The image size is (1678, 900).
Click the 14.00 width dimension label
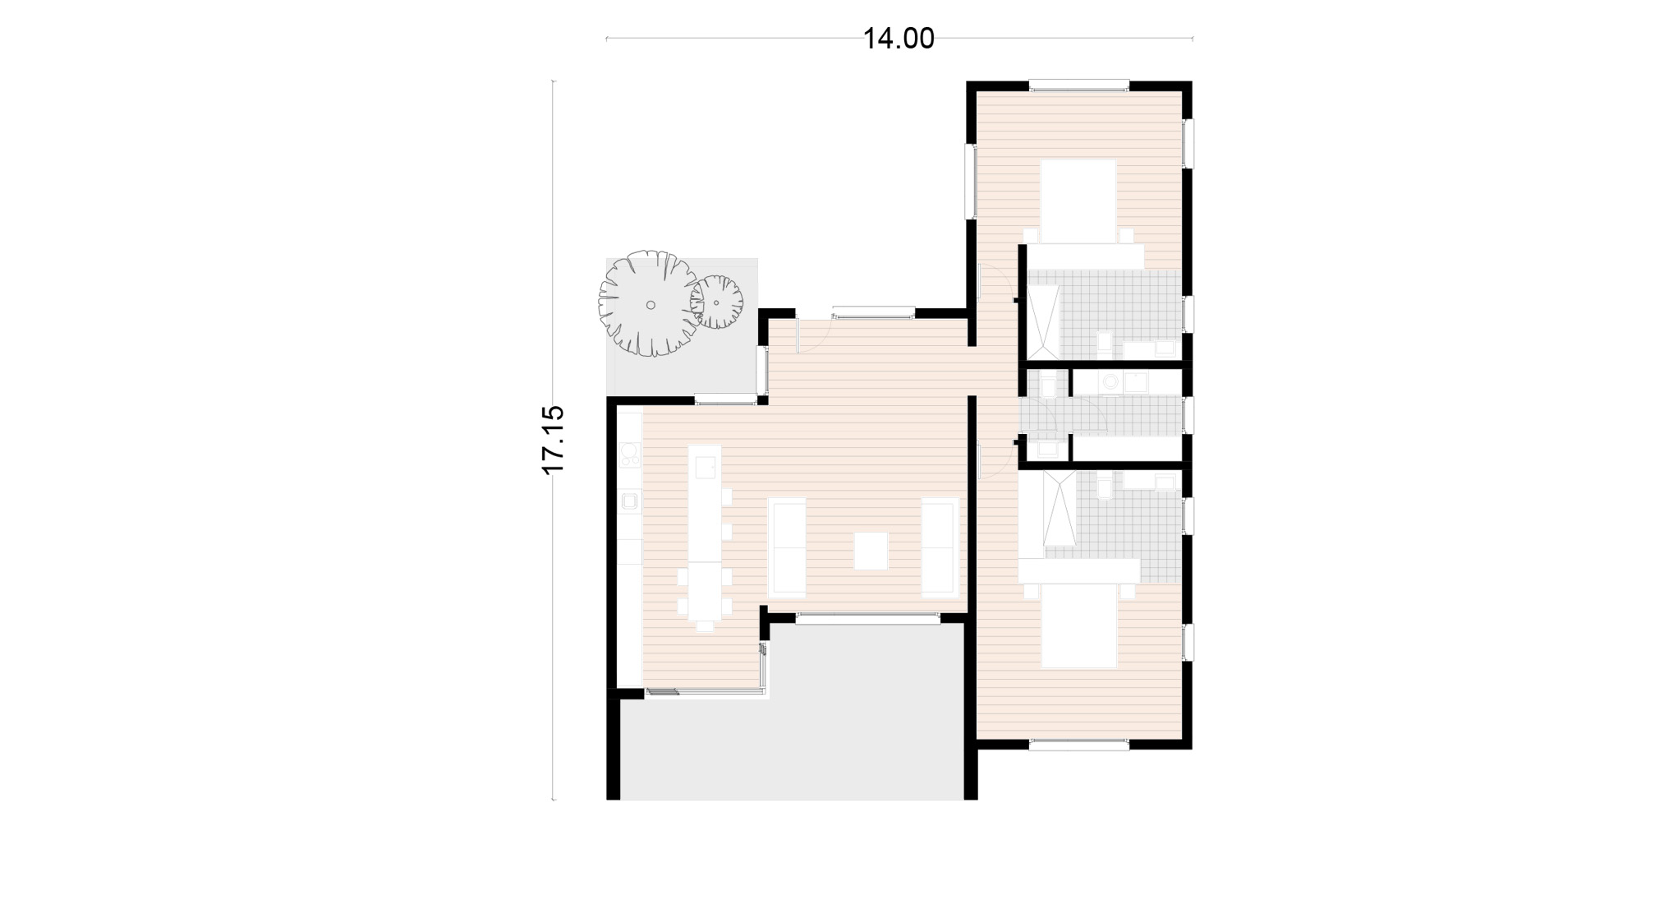coord(899,39)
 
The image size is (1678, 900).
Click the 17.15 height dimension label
coord(553,440)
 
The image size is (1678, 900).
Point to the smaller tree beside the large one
coord(717,302)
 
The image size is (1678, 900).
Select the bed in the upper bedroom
coord(1078,201)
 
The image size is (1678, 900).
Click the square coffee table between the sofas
coord(871,551)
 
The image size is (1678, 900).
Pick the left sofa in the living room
coord(787,547)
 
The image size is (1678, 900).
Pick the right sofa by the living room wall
coord(940,547)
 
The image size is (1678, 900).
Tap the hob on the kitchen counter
coord(630,455)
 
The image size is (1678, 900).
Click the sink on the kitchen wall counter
coord(630,501)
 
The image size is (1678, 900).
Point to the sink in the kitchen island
coord(705,467)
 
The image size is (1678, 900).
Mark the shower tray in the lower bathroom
coord(1060,509)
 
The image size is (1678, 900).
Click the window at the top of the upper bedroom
coord(1079,85)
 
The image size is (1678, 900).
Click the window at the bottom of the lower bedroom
coord(1079,745)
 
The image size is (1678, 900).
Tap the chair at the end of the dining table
coord(705,626)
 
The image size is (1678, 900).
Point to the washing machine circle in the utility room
coord(1110,381)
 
